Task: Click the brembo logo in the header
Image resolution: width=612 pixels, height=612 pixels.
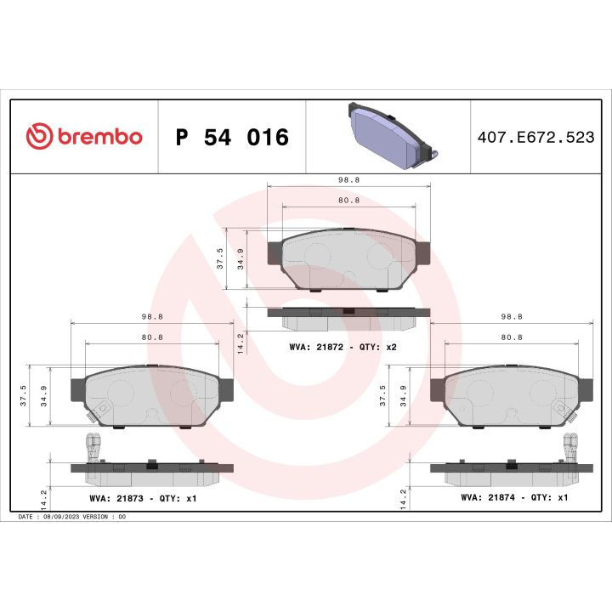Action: (84, 137)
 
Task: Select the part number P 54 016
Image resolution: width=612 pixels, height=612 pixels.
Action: (231, 138)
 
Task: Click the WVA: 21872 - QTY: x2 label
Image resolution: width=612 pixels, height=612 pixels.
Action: (343, 348)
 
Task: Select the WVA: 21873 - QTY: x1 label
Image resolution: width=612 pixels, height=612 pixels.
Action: (143, 498)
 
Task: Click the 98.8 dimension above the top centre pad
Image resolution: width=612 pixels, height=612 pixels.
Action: (348, 180)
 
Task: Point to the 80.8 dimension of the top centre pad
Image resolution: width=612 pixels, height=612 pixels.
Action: (348, 201)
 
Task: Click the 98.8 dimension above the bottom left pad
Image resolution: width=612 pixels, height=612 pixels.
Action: (151, 316)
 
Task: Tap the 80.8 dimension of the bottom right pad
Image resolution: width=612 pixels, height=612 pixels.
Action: (512, 337)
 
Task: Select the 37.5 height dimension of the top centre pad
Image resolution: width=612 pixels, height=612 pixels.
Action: (220, 258)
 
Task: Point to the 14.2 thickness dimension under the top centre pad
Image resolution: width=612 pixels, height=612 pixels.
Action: (241, 342)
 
